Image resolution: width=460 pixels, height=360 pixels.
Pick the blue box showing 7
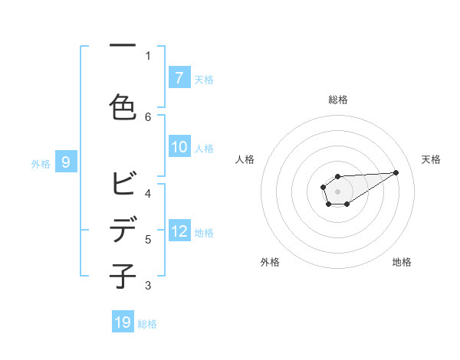pyautogui.click(x=179, y=77)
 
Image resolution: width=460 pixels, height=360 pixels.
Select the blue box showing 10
pyautogui.click(x=179, y=147)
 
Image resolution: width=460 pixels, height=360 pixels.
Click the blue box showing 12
pyautogui.click(x=179, y=231)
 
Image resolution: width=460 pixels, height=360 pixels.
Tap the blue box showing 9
pyautogui.click(x=66, y=162)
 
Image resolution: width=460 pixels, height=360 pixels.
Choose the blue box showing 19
pyautogui.click(x=123, y=322)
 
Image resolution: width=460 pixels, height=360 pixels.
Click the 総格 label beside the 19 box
pyautogui.click(x=147, y=324)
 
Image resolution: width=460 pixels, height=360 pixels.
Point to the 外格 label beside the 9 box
pyautogui.click(x=41, y=163)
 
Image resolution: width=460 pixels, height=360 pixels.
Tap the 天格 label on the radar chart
pyautogui.click(x=431, y=159)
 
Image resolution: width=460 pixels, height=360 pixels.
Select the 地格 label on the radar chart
pyautogui.click(x=402, y=262)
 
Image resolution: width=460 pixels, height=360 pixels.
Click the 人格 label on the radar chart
pyautogui.click(x=245, y=159)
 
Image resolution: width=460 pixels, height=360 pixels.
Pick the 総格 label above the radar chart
pyautogui.click(x=337, y=100)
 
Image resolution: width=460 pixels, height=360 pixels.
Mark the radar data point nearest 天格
pyautogui.click(x=396, y=172)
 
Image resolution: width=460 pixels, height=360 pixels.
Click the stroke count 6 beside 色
pyautogui.click(x=149, y=116)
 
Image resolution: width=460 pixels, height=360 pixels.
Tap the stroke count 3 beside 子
pyautogui.click(x=149, y=286)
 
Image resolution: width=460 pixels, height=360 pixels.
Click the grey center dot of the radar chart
pyautogui.click(x=337, y=191)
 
